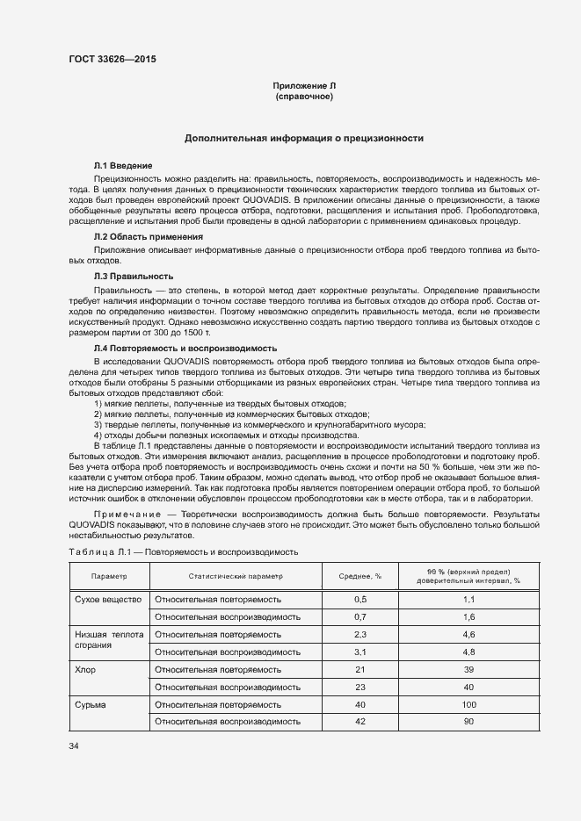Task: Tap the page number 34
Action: point(74,745)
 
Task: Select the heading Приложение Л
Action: point(304,85)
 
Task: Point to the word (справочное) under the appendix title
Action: point(304,96)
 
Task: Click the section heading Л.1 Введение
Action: point(124,165)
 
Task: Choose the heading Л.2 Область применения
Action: point(149,237)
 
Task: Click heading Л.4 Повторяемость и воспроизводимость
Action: point(185,348)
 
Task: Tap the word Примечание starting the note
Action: point(124,509)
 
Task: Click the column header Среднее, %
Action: point(359,577)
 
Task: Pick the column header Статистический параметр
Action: point(236,577)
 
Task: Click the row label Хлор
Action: point(85,669)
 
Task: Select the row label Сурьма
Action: point(91,704)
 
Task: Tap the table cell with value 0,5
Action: point(359,599)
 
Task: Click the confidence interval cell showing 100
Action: point(468,704)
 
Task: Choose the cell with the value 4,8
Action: point(468,652)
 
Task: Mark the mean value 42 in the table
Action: point(359,721)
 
